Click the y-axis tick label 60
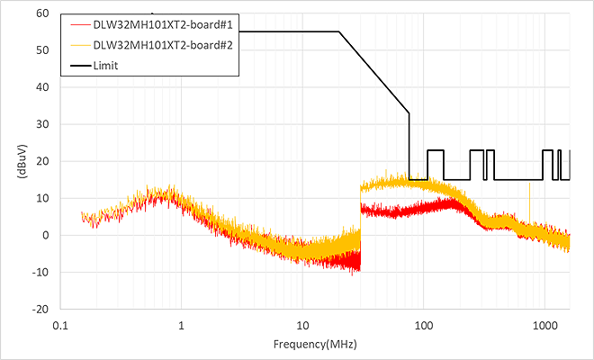[43, 13]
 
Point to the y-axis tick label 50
[43, 50]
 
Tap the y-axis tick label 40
[43, 87]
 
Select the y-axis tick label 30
[43, 124]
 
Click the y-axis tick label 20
[43, 161]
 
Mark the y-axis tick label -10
[41, 272]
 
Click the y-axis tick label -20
[41, 309]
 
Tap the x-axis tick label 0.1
[60, 325]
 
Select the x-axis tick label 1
[181, 325]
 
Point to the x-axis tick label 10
[302, 325]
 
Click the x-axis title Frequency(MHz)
[315, 345]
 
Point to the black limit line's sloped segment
[373, 72]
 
